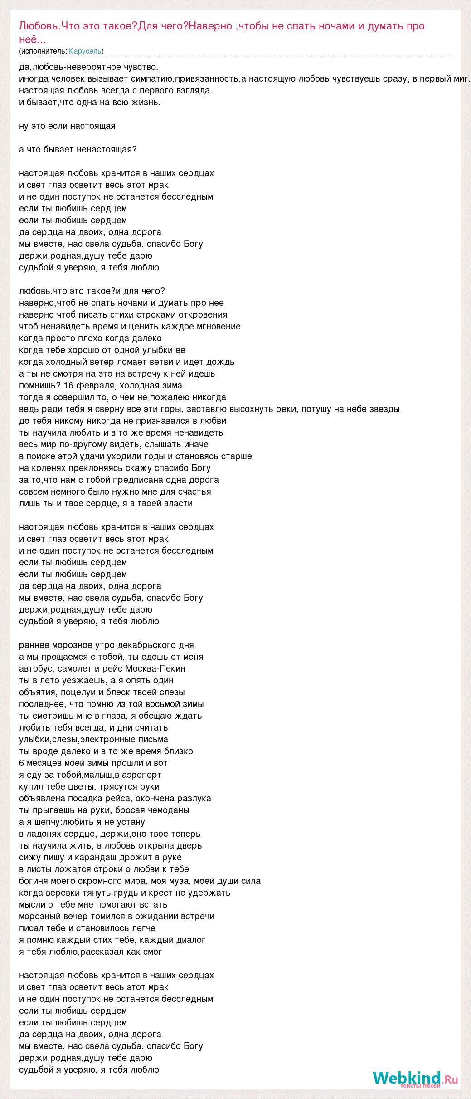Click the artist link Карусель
tap(85, 51)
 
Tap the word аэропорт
tap(141, 775)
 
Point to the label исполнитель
tap(44, 51)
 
